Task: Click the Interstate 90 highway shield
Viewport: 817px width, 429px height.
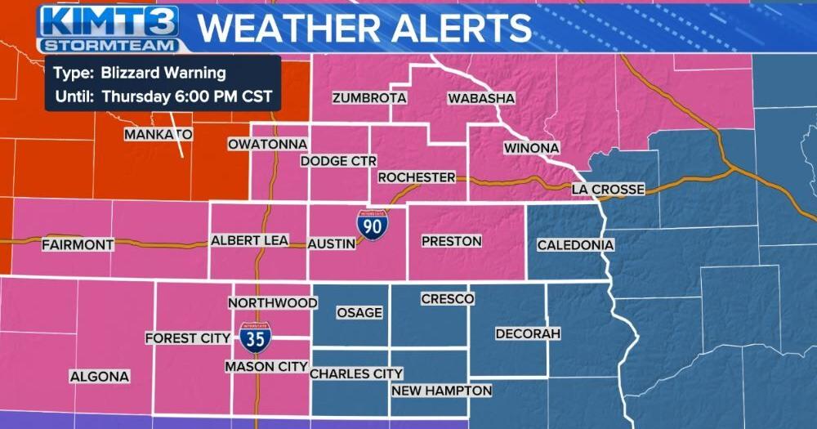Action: pos(372,224)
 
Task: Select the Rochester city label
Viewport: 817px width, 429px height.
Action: pos(416,177)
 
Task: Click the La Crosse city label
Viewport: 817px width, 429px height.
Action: pos(608,190)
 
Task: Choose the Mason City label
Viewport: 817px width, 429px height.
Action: pos(266,367)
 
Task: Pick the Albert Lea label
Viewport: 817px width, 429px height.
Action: pos(249,240)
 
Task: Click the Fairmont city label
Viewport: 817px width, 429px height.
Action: pos(78,244)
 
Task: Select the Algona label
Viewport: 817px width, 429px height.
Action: pos(99,377)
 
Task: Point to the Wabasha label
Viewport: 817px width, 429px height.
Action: pos(481,98)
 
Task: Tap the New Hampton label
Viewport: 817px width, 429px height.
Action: pos(441,391)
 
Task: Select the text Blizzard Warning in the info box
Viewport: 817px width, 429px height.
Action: pos(163,73)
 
